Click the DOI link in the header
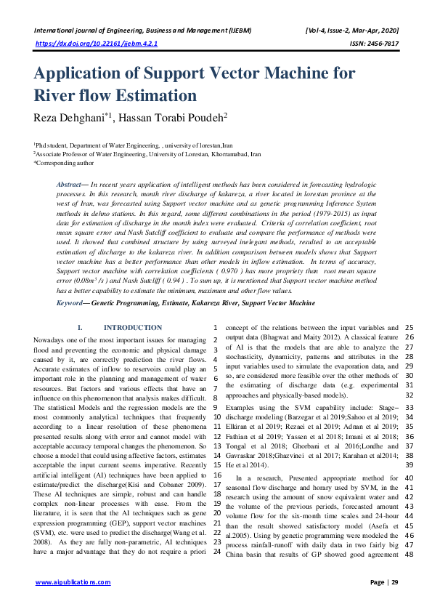[x=97, y=44]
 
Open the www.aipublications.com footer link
[x=73, y=582]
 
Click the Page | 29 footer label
[x=384, y=582]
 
